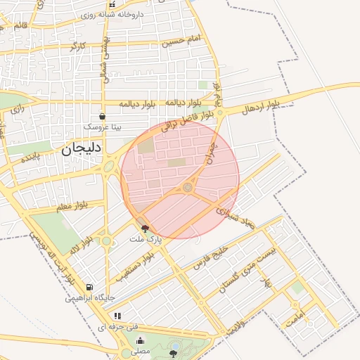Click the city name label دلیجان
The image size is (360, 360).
pyautogui.click(x=82, y=148)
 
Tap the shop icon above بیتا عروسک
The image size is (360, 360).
pyautogui.click(x=103, y=117)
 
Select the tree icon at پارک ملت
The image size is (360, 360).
pyautogui.click(x=146, y=228)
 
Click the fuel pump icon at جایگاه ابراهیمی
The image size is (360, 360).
pyautogui.click(x=89, y=287)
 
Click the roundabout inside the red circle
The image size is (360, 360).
pyautogui.click(x=188, y=188)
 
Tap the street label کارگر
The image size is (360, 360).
pyautogui.click(x=77, y=46)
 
